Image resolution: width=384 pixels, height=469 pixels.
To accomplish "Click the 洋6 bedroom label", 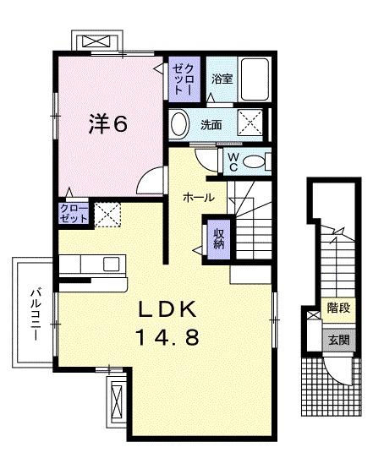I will pyautogui.click(x=109, y=125).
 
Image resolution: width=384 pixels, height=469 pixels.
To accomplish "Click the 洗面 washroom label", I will pyautogui.click(x=211, y=125).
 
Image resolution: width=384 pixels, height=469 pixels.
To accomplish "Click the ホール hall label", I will pyautogui.click(x=200, y=198).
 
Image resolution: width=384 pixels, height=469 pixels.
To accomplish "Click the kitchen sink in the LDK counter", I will pyautogui.click(x=112, y=264).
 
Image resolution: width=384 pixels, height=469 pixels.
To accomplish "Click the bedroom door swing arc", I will pyautogui.click(x=151, y=179).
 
